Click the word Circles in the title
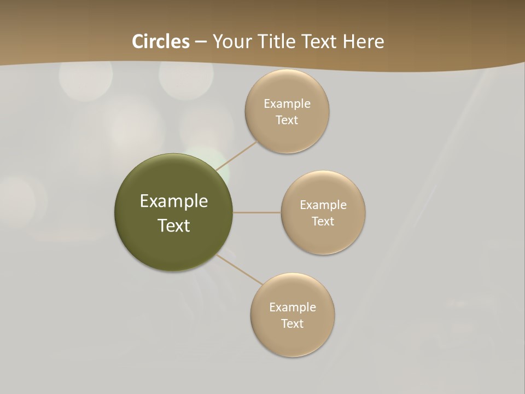[161, 42]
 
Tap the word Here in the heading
[363, 42]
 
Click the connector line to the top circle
[236, 156]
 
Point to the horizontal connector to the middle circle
[256, 212]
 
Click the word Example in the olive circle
[173, 201]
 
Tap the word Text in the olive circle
[173, 225]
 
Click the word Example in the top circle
[287, 104]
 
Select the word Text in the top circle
[287, 120]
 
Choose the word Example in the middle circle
[323, 205]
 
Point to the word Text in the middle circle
[323, 222]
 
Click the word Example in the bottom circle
[293, 308]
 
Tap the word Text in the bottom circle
[292, 324]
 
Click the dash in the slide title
[201, 42]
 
